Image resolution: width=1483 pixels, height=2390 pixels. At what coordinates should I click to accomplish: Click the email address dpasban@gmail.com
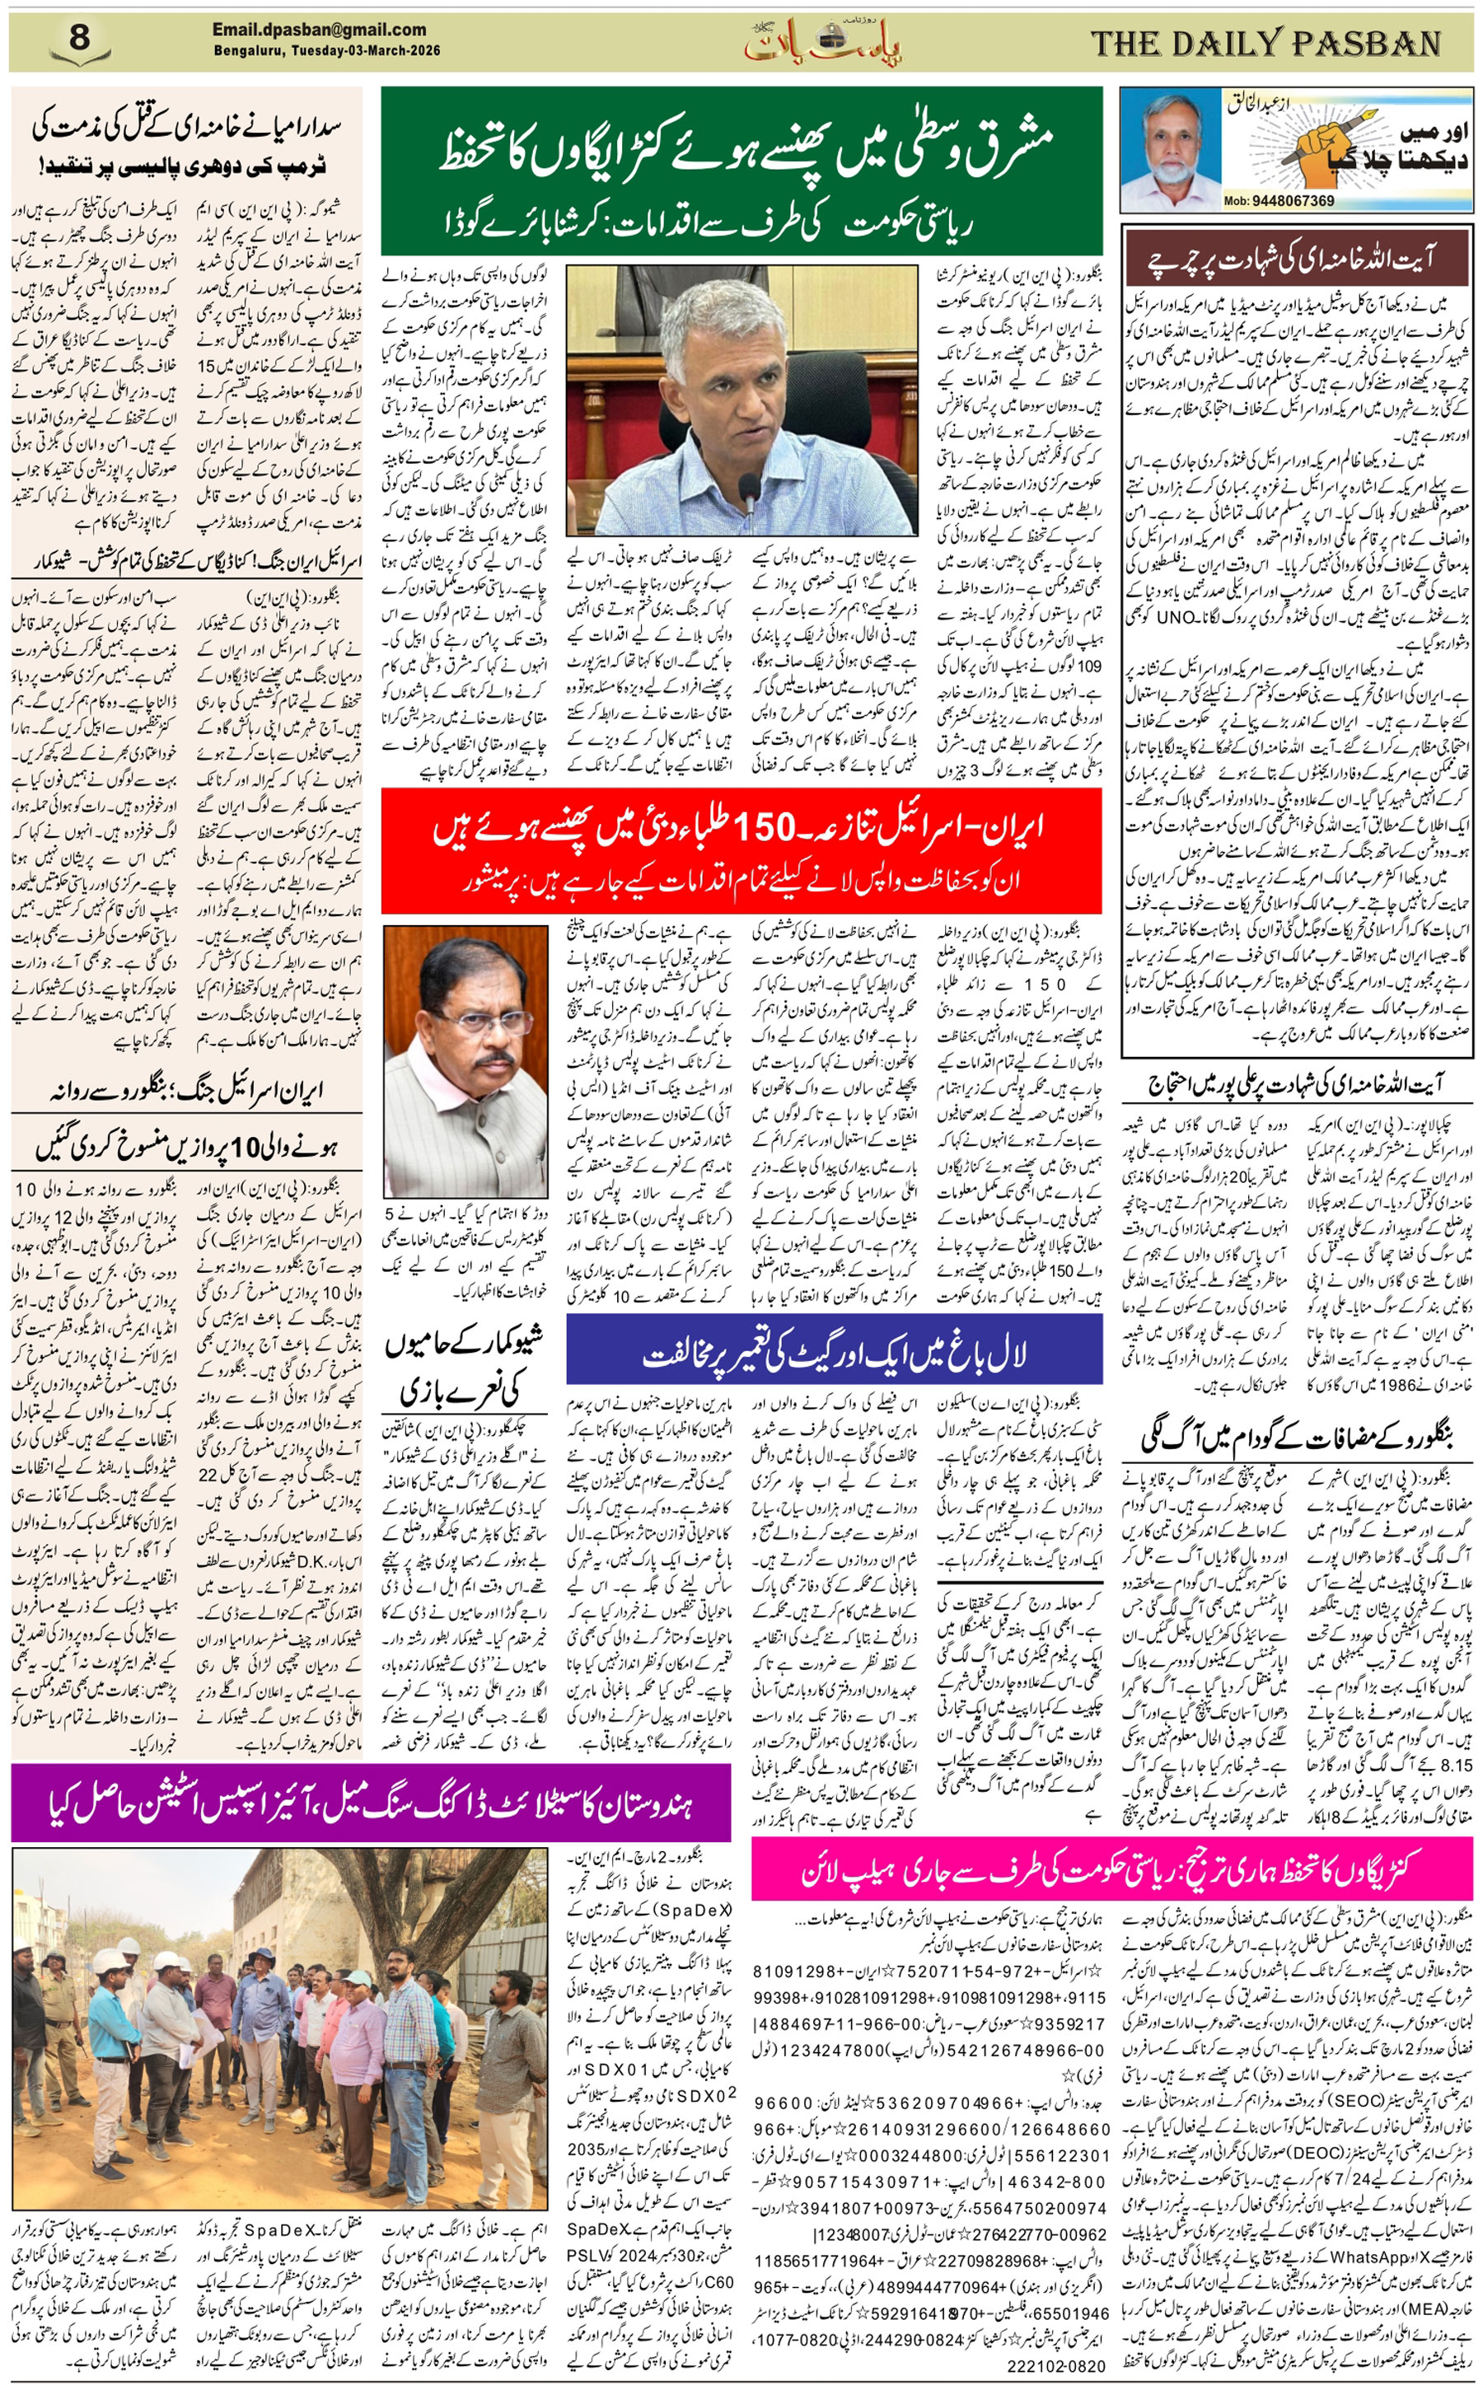319,30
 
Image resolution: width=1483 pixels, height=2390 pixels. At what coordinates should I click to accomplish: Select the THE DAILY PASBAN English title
1265,43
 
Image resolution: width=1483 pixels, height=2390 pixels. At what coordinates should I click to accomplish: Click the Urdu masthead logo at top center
822,42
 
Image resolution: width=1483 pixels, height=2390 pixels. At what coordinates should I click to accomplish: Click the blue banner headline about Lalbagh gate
834,1354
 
